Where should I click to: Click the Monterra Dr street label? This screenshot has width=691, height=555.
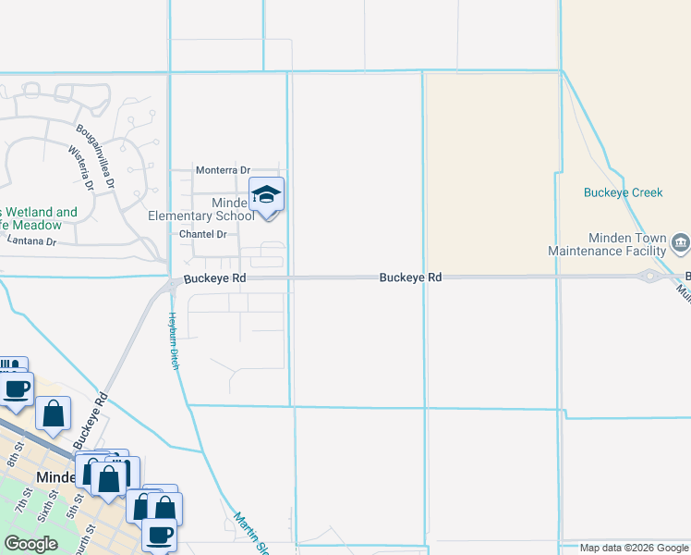point(223,171)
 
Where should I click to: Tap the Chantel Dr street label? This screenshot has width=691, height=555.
point(202,235)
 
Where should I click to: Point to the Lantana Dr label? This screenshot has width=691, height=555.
point(31,241)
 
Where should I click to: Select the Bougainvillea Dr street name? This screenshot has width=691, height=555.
point(95,156)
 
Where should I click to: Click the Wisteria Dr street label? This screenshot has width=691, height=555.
point(82,168)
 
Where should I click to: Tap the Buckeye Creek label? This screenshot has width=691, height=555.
point(624,193)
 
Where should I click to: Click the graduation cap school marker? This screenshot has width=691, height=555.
point(267,195)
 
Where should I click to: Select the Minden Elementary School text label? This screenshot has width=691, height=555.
point(201,210)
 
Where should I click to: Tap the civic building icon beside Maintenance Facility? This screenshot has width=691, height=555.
point(681,243)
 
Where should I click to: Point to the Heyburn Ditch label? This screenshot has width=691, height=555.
point(173,339)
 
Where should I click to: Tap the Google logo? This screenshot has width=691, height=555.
point(30,544)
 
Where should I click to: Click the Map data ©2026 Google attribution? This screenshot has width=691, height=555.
point(633,548)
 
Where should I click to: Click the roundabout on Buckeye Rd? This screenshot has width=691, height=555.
point(650,276)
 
